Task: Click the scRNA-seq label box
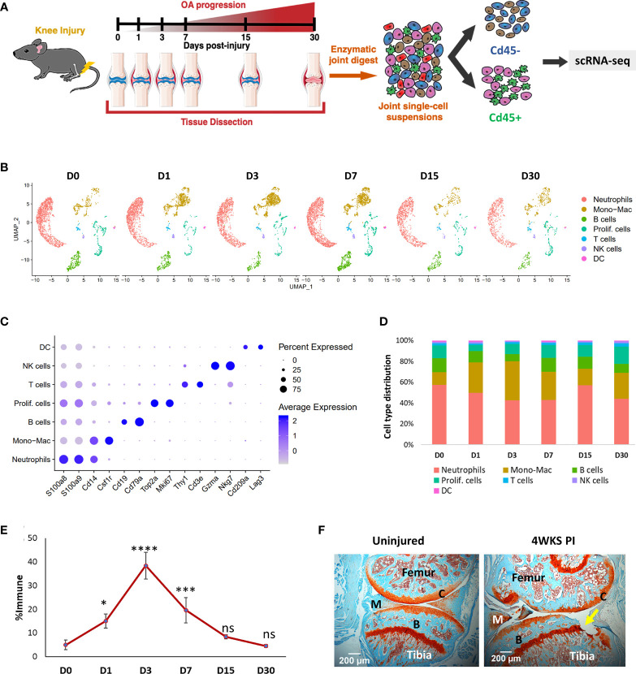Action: (602, 61)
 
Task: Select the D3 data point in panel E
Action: (145, 566)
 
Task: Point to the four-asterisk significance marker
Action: (145, 549)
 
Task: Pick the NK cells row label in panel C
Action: (37, 365)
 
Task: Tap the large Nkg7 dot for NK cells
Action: (230, 365)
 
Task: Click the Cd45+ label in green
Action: (505, 118)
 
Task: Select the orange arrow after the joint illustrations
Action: (353, 76)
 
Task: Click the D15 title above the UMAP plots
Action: (429, 175)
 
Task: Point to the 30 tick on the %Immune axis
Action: (32, 585)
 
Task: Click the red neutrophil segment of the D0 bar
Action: (439, 414)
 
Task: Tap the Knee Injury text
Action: (60, 31)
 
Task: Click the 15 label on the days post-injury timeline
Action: (245, 37)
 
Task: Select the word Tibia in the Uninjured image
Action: (419, 655)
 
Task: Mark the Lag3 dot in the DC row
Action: (261, 347)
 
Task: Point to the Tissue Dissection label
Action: (216, 122)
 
